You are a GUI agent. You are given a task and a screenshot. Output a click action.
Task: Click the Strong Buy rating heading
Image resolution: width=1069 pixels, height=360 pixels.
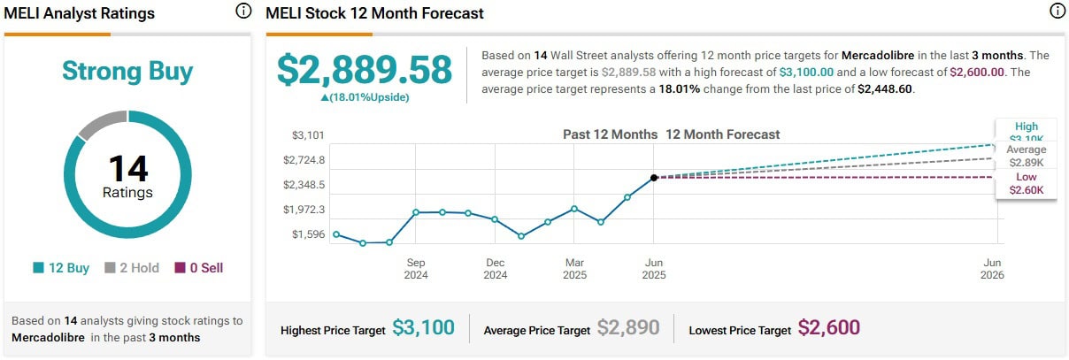coord(127,72)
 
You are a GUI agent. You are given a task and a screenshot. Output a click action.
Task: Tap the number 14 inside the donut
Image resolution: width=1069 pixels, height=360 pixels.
coord(127,168)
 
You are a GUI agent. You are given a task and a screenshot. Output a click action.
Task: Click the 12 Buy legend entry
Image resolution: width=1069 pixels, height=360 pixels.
coord(61,268)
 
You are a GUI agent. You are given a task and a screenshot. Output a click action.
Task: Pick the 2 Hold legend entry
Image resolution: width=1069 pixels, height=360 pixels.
coord(134,268)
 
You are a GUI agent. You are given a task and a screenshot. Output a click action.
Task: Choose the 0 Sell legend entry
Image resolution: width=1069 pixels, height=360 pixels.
coord(199,268)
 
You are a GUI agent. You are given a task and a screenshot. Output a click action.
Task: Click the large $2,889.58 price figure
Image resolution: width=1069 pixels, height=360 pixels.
coord(365,71)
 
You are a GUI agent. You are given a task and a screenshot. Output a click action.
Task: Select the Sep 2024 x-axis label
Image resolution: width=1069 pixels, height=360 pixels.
coord(416,269)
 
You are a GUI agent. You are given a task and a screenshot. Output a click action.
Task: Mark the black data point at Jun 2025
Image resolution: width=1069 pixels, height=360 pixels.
coord(654,178)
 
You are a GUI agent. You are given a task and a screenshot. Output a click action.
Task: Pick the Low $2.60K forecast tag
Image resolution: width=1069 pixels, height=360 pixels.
coord(1027,184)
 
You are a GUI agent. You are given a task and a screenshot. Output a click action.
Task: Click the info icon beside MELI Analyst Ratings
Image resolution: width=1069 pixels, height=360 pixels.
coord(243,11)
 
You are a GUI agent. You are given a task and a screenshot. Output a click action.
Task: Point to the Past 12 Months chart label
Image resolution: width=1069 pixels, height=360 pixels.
coord(610,134)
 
